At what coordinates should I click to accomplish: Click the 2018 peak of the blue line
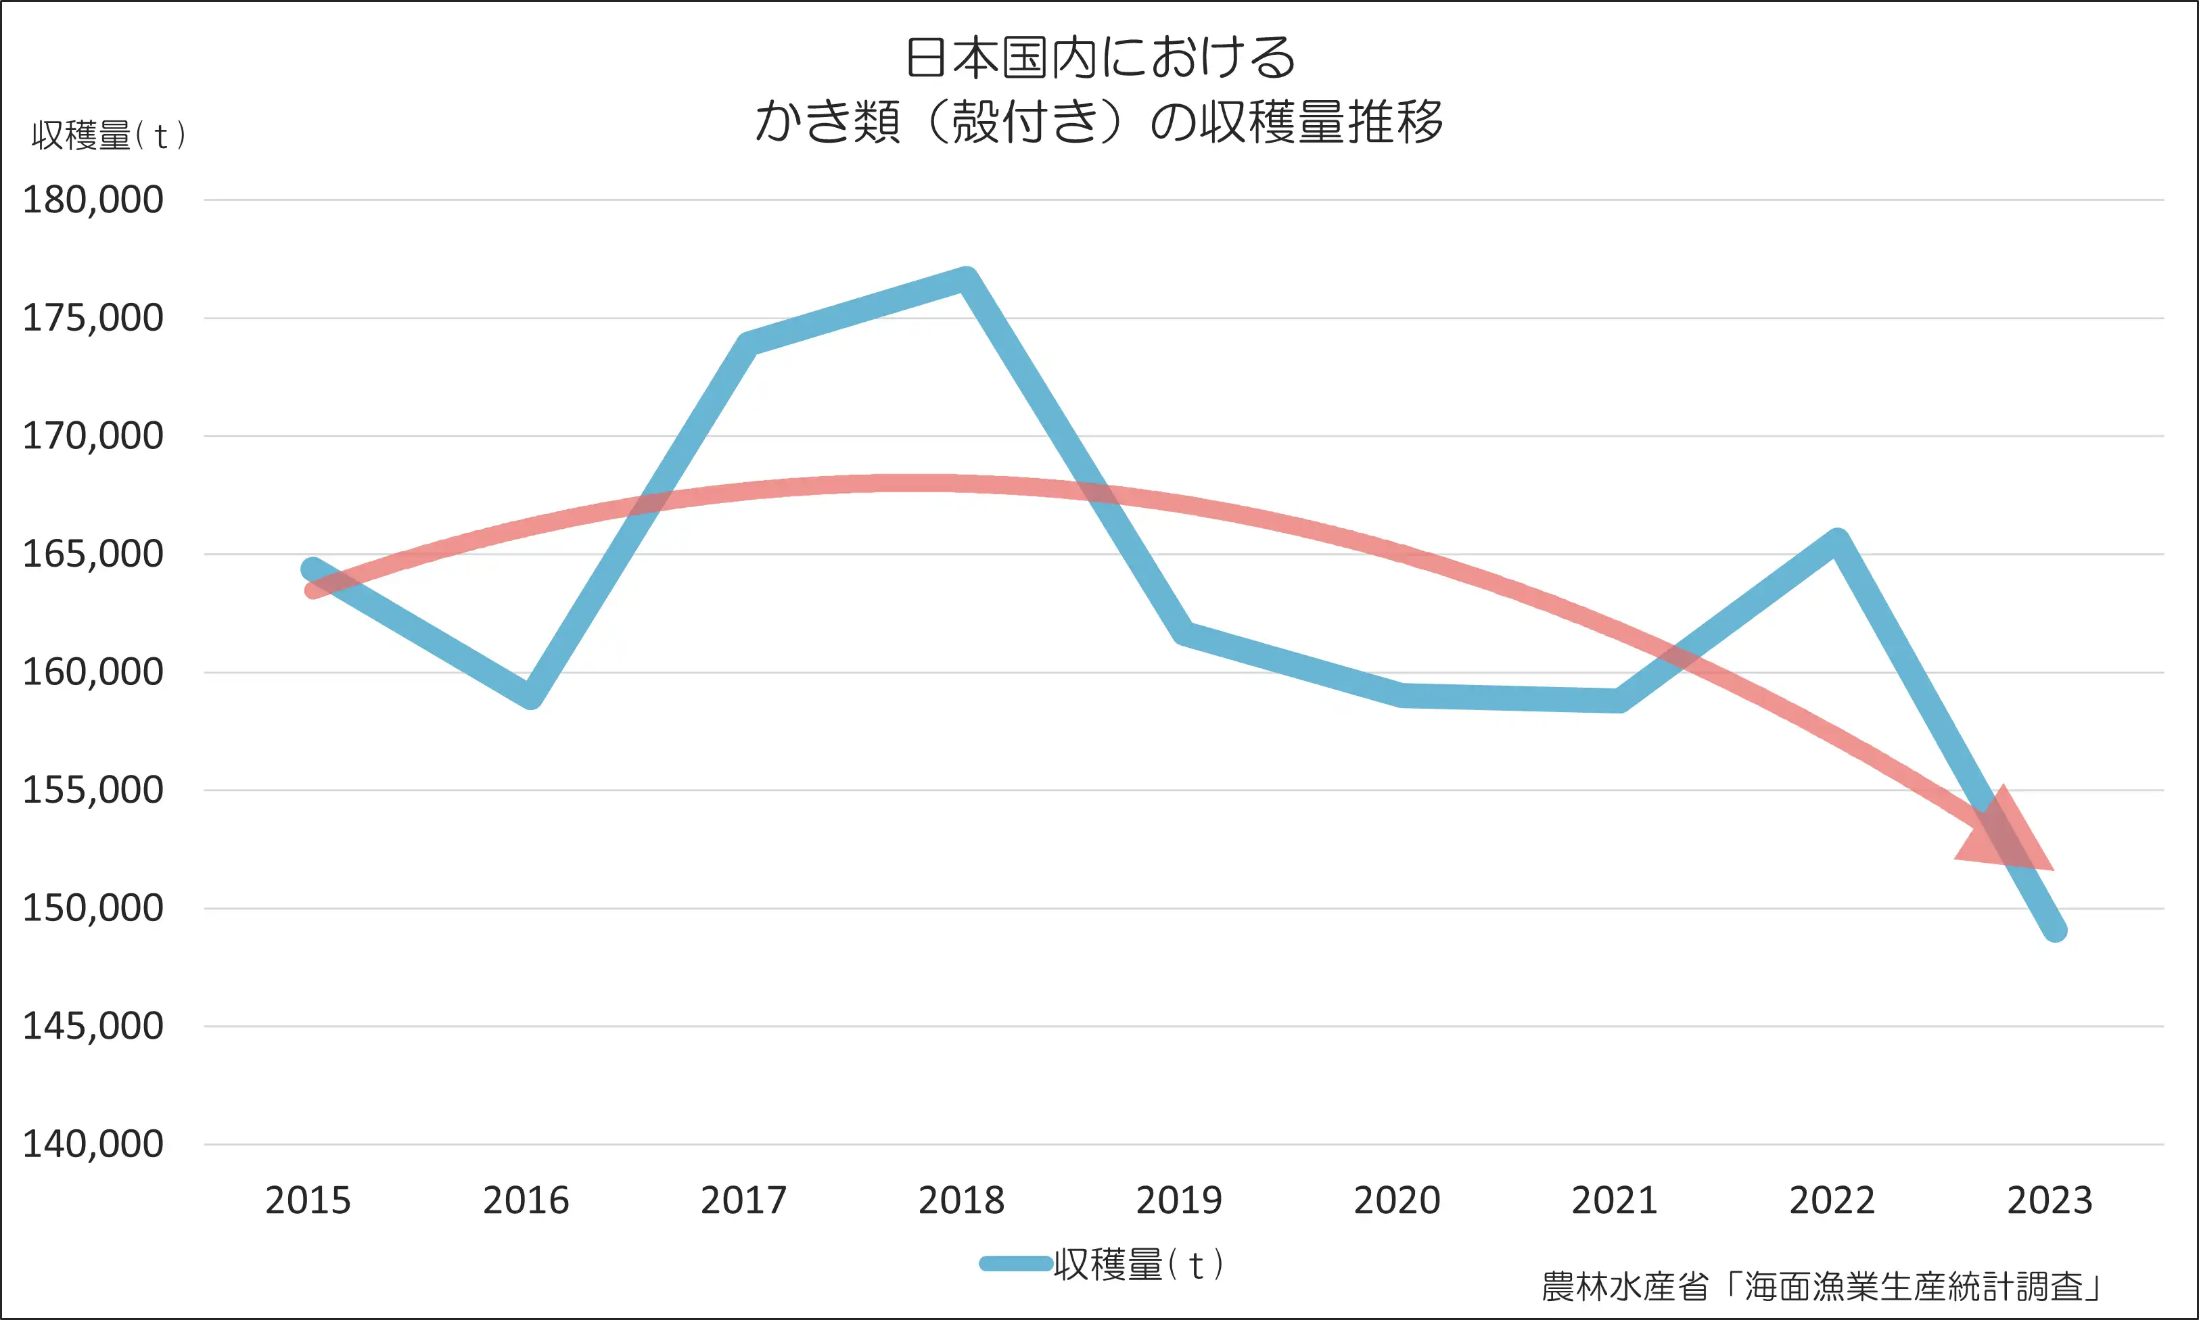point(966,279)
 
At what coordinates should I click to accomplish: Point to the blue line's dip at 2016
point(530,697)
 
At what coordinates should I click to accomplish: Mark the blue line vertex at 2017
point(747,344)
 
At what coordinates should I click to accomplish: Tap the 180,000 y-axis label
point(93,200)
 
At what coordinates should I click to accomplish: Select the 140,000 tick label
point(93,1145)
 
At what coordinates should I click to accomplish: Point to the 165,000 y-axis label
point(93,554)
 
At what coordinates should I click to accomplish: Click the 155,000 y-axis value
point(93,790)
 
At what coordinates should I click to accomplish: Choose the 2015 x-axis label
point(308,1201)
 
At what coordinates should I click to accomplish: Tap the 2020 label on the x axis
point(1397,1201)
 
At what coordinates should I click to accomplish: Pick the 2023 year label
point(2050,1201)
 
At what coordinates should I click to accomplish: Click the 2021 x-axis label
point(1615,1201)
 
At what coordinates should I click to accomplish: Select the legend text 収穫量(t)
point(1138,1264)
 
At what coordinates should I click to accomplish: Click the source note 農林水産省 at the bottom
point(1624,1286)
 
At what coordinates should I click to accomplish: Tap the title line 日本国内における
point(1100,57)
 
